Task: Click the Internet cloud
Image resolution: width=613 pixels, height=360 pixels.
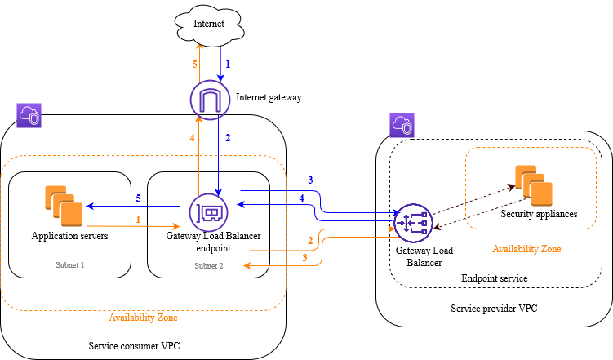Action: (209, 25)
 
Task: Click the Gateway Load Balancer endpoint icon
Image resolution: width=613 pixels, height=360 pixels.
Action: (207, 212)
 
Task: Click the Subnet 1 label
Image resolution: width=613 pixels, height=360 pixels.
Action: (69, 265)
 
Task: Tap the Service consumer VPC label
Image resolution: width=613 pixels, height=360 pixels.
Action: (134, 346)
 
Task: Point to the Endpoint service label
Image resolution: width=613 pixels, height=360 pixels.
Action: (495, 278)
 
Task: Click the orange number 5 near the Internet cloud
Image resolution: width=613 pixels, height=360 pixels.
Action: (194, 64)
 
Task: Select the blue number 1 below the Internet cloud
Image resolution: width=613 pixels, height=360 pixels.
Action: (229, 64)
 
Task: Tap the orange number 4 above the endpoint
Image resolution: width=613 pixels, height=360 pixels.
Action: (193, 138)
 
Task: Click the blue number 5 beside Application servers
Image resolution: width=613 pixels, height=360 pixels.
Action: (138, 198)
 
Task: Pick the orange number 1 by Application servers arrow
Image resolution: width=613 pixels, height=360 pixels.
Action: (138, 220)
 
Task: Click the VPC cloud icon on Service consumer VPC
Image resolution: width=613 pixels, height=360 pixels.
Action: (29, 115)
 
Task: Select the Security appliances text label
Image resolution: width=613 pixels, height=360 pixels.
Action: (539, 214)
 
